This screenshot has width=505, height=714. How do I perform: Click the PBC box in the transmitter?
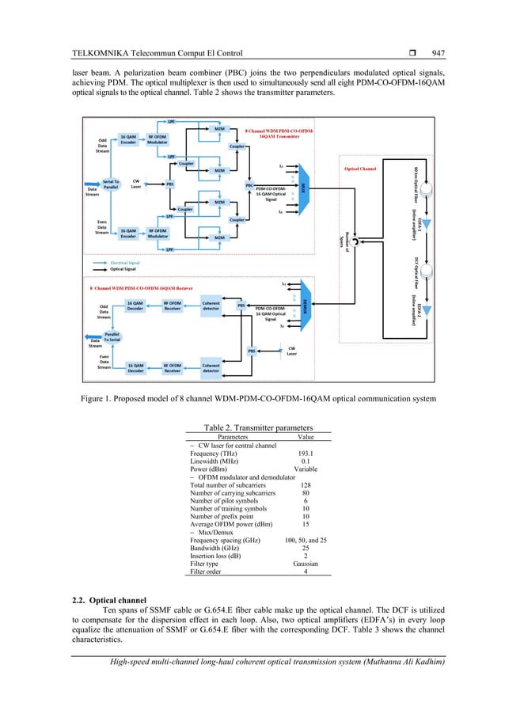[x=249, y=185]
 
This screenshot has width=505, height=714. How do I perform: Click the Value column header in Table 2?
[x=306, y=435]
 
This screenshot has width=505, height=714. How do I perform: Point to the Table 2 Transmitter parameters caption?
[x=258, y=425]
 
